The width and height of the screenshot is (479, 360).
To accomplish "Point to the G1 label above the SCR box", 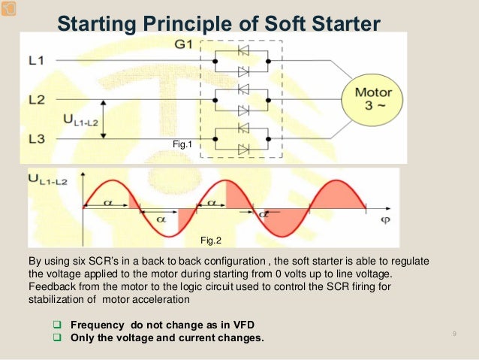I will [x=185, y=44].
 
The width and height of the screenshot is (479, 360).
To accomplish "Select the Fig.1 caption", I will [x=184, y=142].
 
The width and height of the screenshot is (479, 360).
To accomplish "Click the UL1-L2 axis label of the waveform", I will [x=50, y=179].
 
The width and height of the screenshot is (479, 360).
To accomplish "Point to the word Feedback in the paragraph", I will [x=50, y=286].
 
